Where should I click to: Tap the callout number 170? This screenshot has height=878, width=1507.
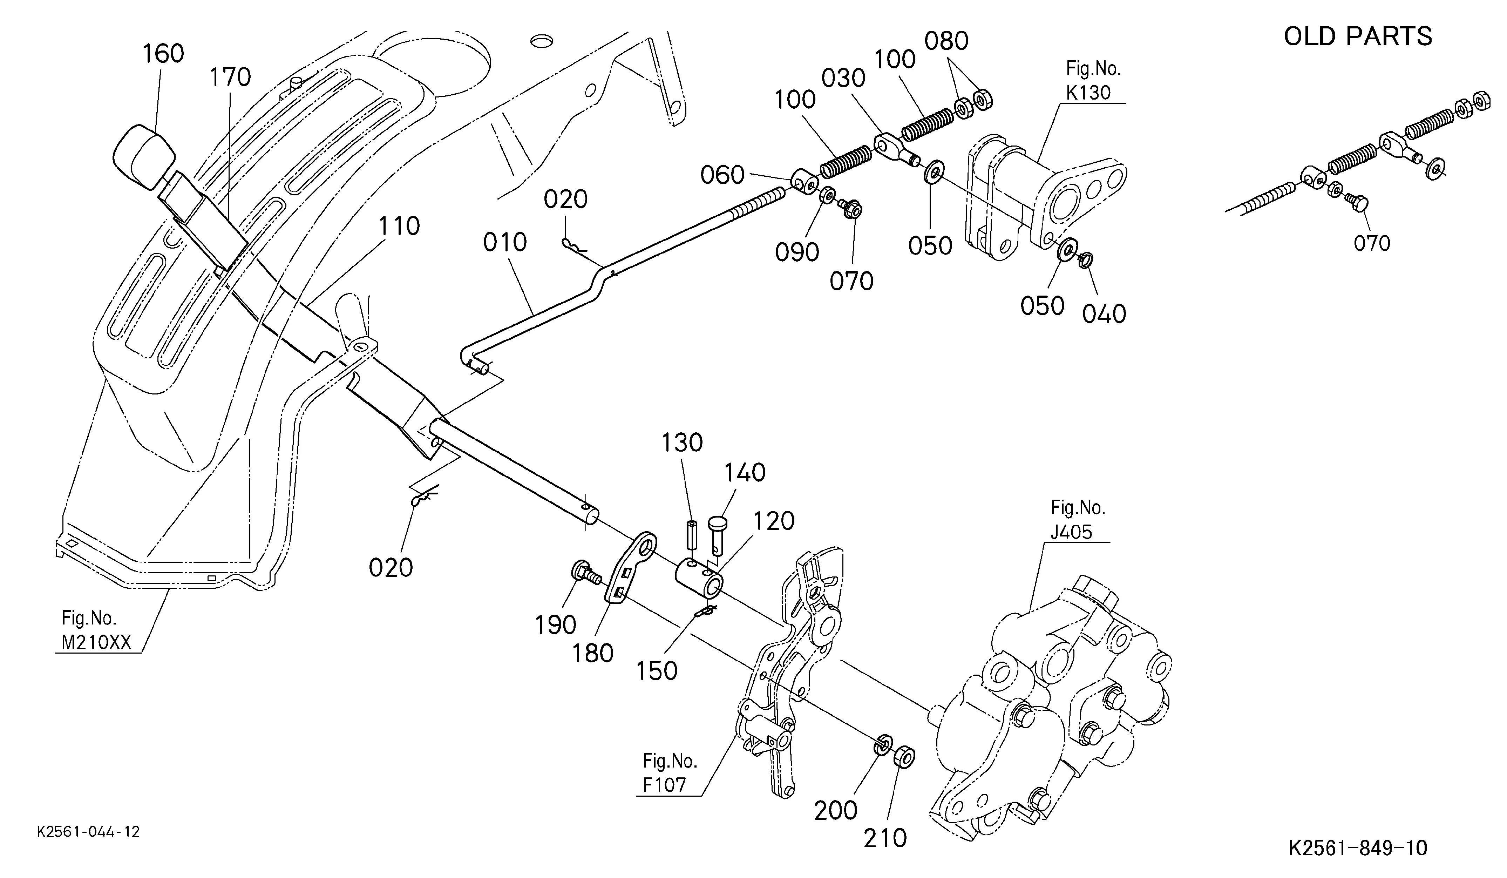click(x=230, y=77)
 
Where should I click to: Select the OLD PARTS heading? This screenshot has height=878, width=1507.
click(x=1358, y=36)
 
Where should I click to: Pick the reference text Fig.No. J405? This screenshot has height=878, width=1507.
click(x=1078, y=519)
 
